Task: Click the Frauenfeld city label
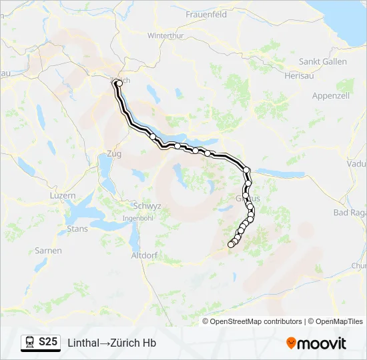206,14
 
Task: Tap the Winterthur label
165,35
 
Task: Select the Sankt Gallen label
322,62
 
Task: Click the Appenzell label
331,96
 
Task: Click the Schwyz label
147,206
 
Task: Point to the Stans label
77,229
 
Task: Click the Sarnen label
49,251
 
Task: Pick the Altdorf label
144,255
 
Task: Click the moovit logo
316,343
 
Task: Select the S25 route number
48,342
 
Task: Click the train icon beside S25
30,343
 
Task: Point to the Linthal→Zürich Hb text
111,343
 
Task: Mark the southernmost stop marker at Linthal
231,245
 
